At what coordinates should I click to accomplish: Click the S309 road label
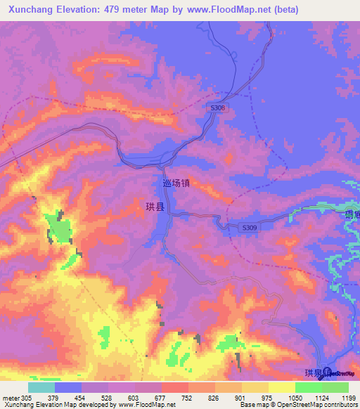click(249, 228)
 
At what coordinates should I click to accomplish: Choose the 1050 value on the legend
click(294, 397)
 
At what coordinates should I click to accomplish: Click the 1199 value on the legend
click(348, 397)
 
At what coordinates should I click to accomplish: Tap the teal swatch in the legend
click(41, 387)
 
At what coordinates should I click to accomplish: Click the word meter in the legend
click(11, 397)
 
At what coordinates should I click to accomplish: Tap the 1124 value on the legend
click(321, 397)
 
